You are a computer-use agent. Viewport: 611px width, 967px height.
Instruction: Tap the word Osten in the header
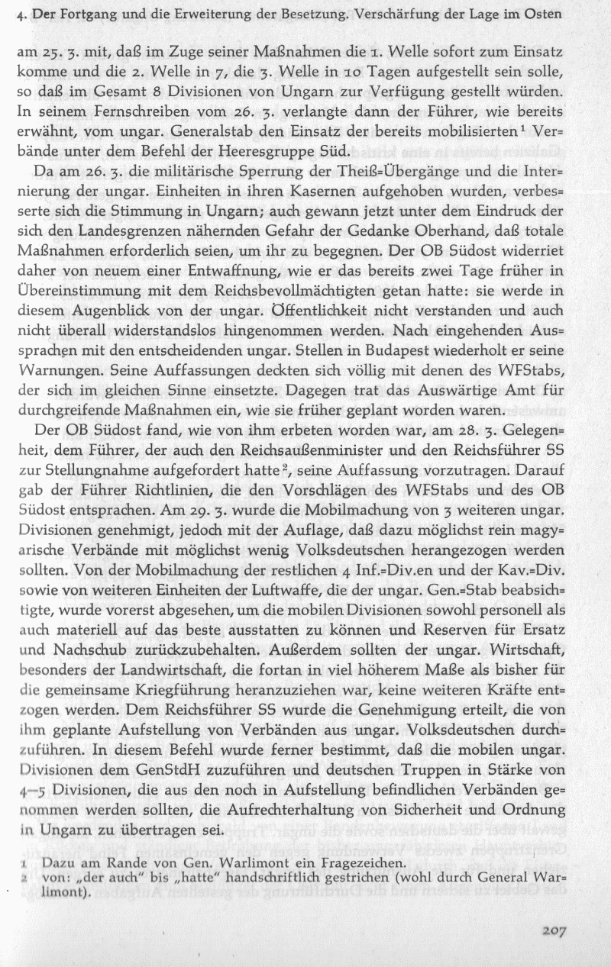(584, 14)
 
